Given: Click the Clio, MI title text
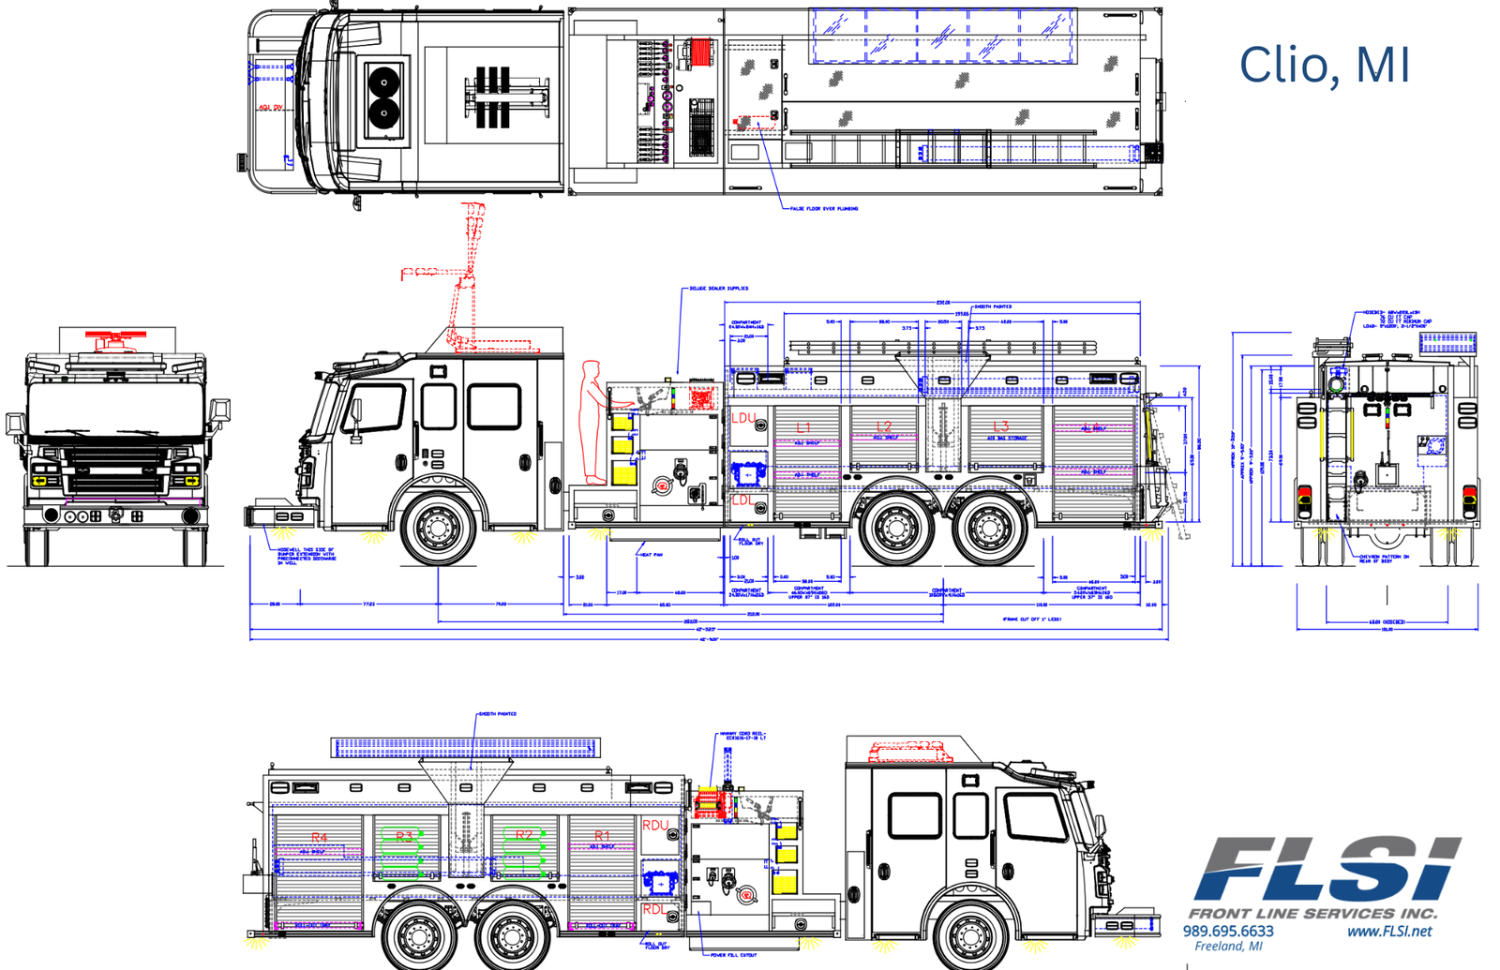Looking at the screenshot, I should tap(1324, 66).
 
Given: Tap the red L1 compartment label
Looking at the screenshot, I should tap(803, 428).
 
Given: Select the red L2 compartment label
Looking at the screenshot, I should tap(883, 427).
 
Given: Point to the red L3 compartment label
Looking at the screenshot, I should tap(1001, 427).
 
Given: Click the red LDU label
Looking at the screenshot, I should tap(743, 418).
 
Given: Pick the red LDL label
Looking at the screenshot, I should tap(742, 500).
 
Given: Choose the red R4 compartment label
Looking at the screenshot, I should tap(319, 838).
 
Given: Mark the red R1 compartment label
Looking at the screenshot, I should tap(601, 835).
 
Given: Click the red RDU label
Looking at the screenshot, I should tap(655, 826).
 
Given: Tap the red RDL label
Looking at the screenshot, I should tap(654, 909).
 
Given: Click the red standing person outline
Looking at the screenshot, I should tap(592, 422).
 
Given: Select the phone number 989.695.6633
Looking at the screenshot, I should tap(1228, 932).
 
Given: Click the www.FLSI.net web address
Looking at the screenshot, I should tap(1389, 932).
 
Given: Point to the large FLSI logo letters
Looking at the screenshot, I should tap(1327, 870).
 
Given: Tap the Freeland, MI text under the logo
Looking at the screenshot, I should tap(1228, 947).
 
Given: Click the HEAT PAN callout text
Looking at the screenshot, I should tap(651, 555).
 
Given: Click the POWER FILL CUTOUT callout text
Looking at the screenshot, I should tap(733, 955).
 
